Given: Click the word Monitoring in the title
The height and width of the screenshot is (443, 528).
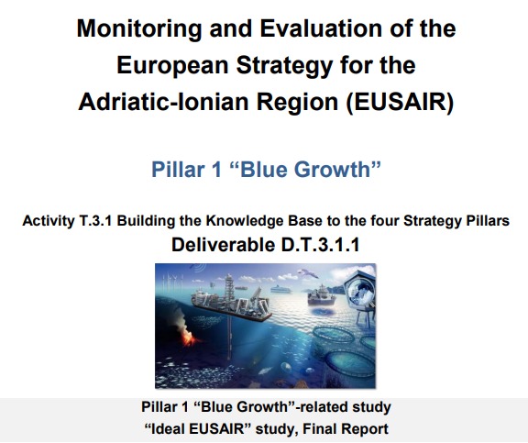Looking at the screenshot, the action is [139, 29].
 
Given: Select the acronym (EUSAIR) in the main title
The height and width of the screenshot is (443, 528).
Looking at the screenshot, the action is [401, 102].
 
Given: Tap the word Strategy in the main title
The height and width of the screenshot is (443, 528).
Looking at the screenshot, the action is [284, 65].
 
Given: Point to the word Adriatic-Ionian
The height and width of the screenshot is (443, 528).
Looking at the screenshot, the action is [166, 102].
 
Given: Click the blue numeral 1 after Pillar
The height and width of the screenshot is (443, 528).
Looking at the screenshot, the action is [215, 169].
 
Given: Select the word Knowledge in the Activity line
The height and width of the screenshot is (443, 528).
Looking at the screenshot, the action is [241, 221].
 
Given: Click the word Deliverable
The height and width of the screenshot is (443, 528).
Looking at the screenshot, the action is [223, 245].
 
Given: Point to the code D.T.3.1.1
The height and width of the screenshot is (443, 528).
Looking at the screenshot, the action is [320, 245].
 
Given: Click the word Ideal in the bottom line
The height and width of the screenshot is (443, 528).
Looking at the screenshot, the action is [169, 429].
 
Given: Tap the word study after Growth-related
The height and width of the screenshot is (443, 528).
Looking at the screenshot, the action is [371, 407].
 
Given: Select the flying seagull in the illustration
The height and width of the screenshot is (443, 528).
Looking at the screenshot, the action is [307, 273].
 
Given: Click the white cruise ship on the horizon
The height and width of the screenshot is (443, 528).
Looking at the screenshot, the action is [280, 289].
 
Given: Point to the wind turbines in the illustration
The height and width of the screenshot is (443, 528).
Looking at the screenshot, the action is [172, 282].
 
